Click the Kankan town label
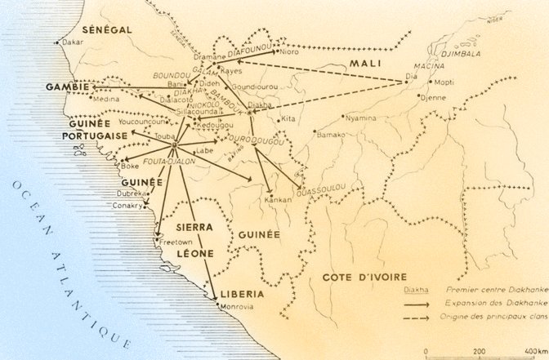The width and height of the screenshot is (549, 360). [x=279, y=198]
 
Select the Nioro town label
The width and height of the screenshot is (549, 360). [x=290, y=52]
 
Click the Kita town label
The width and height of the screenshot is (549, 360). [x=288, y=119]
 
